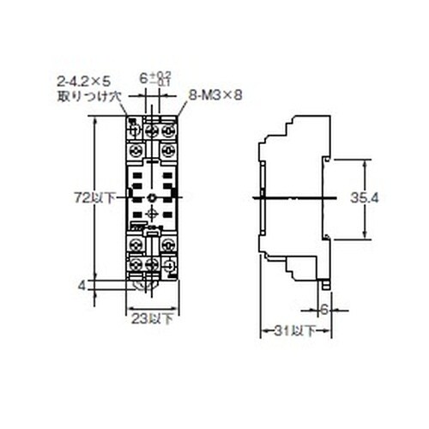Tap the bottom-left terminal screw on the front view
point(136,263)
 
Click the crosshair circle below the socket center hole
point(151,217)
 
